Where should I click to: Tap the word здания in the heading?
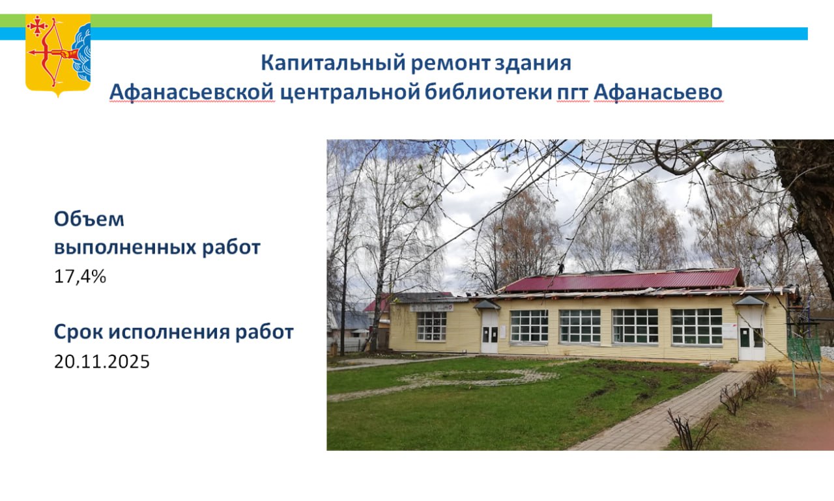(x=533, y=63)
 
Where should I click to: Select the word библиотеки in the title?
(x=488, y=92)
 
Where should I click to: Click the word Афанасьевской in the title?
(x=192, y=92)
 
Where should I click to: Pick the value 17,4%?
(x=80, y=277)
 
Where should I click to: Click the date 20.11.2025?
(x=102, y=361)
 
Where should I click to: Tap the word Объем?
(x=89, y=219)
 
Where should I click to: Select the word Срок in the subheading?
(x=79, y=332)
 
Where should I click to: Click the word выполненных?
(x=126, y=247)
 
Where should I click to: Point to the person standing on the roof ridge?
(x=560, y=267)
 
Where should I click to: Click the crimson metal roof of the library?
(x=622, y=280)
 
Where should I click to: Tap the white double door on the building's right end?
(x=751, y=343)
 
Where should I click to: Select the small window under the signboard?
(x=431, y=327)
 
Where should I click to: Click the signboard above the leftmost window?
(x=431, y=307)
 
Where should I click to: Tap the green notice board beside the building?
(x=804, y=349)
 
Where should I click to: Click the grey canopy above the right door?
(x=750, y=301)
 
